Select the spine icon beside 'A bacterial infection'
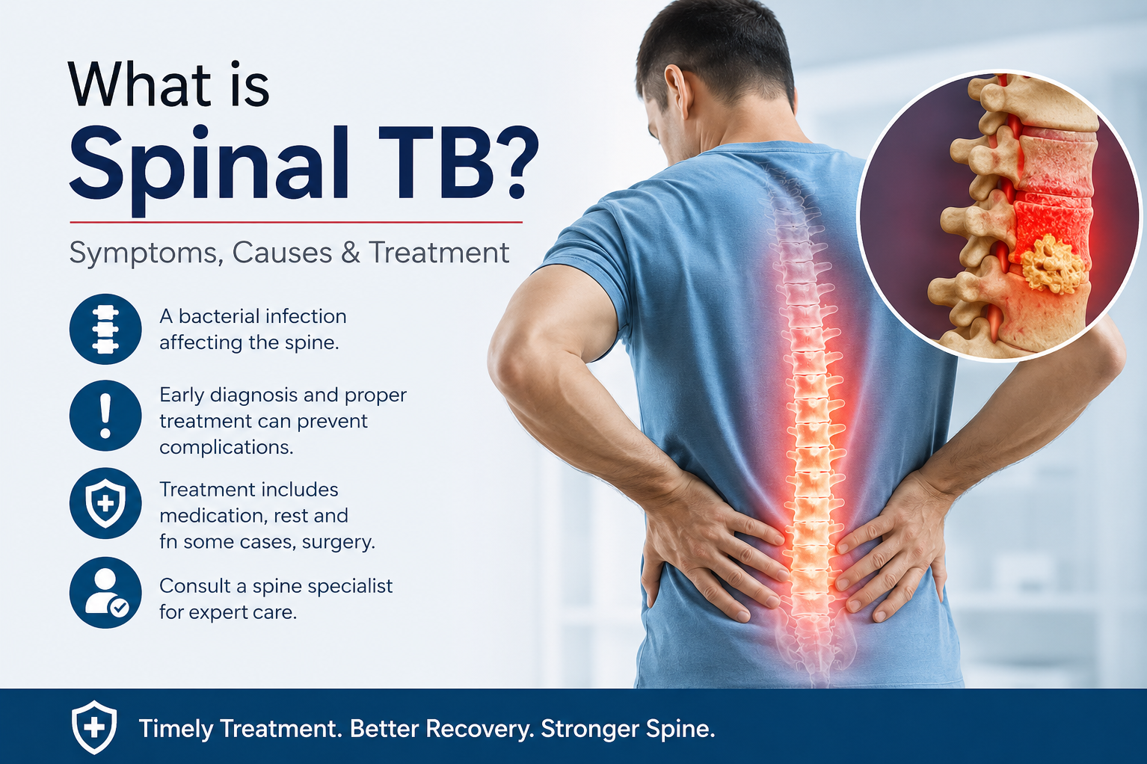pos(105,329)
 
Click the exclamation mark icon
pos(105,416)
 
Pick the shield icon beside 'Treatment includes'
pos(105,503)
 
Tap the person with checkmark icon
pos(105,593)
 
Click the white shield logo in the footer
pos(93,727)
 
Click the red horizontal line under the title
pos(296,222)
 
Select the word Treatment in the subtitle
pos(439,252)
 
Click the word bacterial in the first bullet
pos(218,316)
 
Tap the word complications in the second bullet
pos(227,448)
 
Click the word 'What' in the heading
pos(139,84)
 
